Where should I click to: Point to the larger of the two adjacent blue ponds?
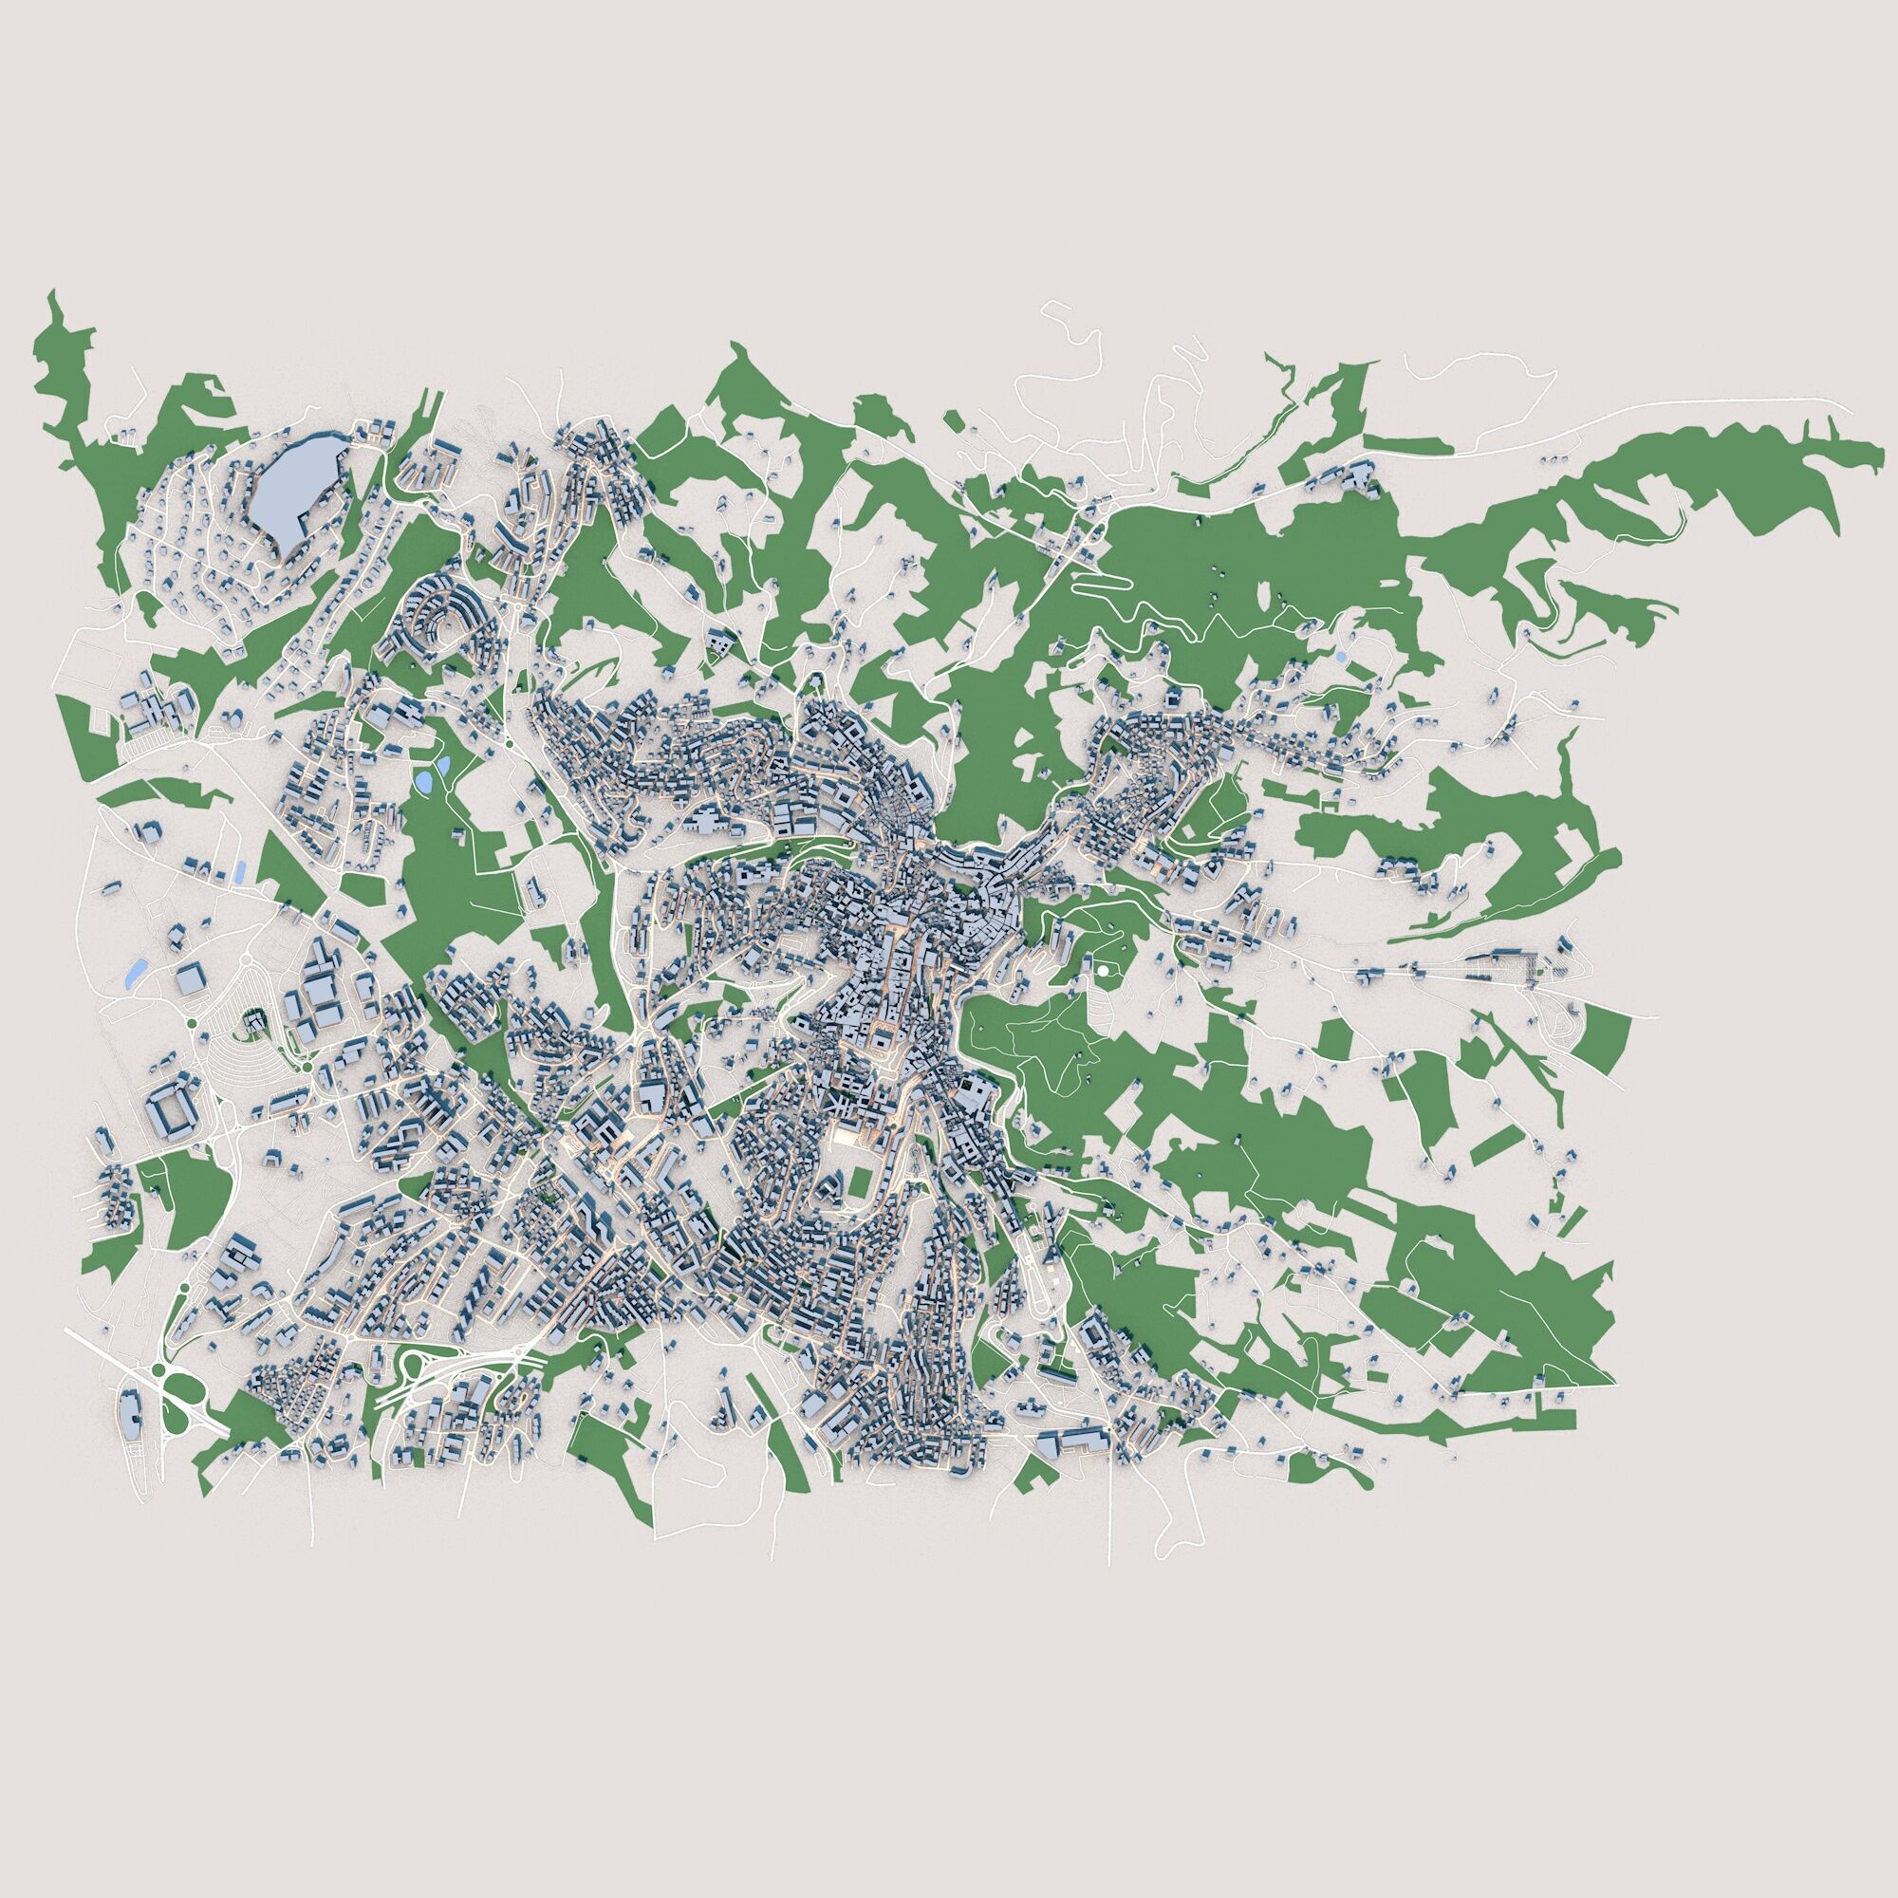[423, 782]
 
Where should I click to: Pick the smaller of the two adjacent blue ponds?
[442, 761]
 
